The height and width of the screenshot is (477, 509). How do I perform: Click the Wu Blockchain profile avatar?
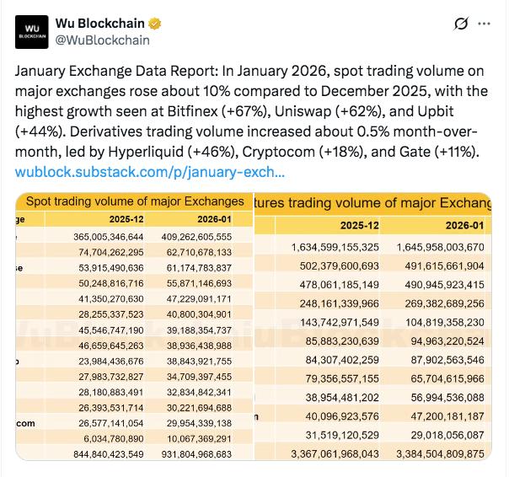point(32,31)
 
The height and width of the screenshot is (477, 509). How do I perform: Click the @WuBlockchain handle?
point(103,40)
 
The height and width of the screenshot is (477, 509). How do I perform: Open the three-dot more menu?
point(484,24)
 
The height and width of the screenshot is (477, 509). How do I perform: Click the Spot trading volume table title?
point(135,201)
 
